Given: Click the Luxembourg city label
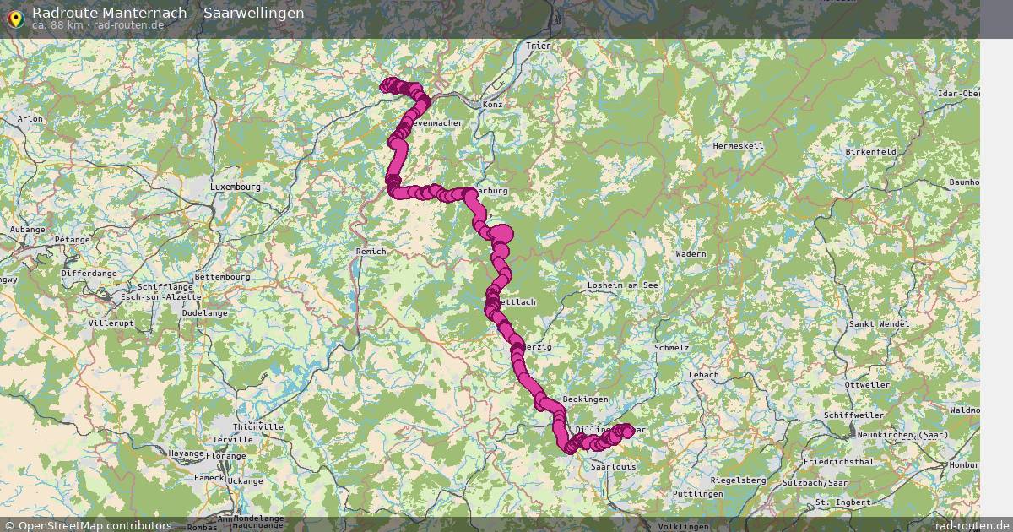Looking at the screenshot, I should (235, 186).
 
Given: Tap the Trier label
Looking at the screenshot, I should (537, 46).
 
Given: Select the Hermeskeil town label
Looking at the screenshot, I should (738, 145).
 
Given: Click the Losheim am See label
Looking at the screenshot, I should (622, 285).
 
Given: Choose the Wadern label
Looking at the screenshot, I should (691, 253).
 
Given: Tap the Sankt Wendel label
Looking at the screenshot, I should (880, 323).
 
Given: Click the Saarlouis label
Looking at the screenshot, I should (613, 465).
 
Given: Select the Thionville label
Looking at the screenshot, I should (257, 427).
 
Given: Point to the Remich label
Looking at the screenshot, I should (371, 252).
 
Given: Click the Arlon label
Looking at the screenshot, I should (30, 119).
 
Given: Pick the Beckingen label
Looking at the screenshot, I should (585, 399).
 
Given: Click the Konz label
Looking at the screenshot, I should (492, 104).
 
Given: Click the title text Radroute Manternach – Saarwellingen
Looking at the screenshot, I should (168, 12).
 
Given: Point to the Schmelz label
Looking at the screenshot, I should (671, 347).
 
